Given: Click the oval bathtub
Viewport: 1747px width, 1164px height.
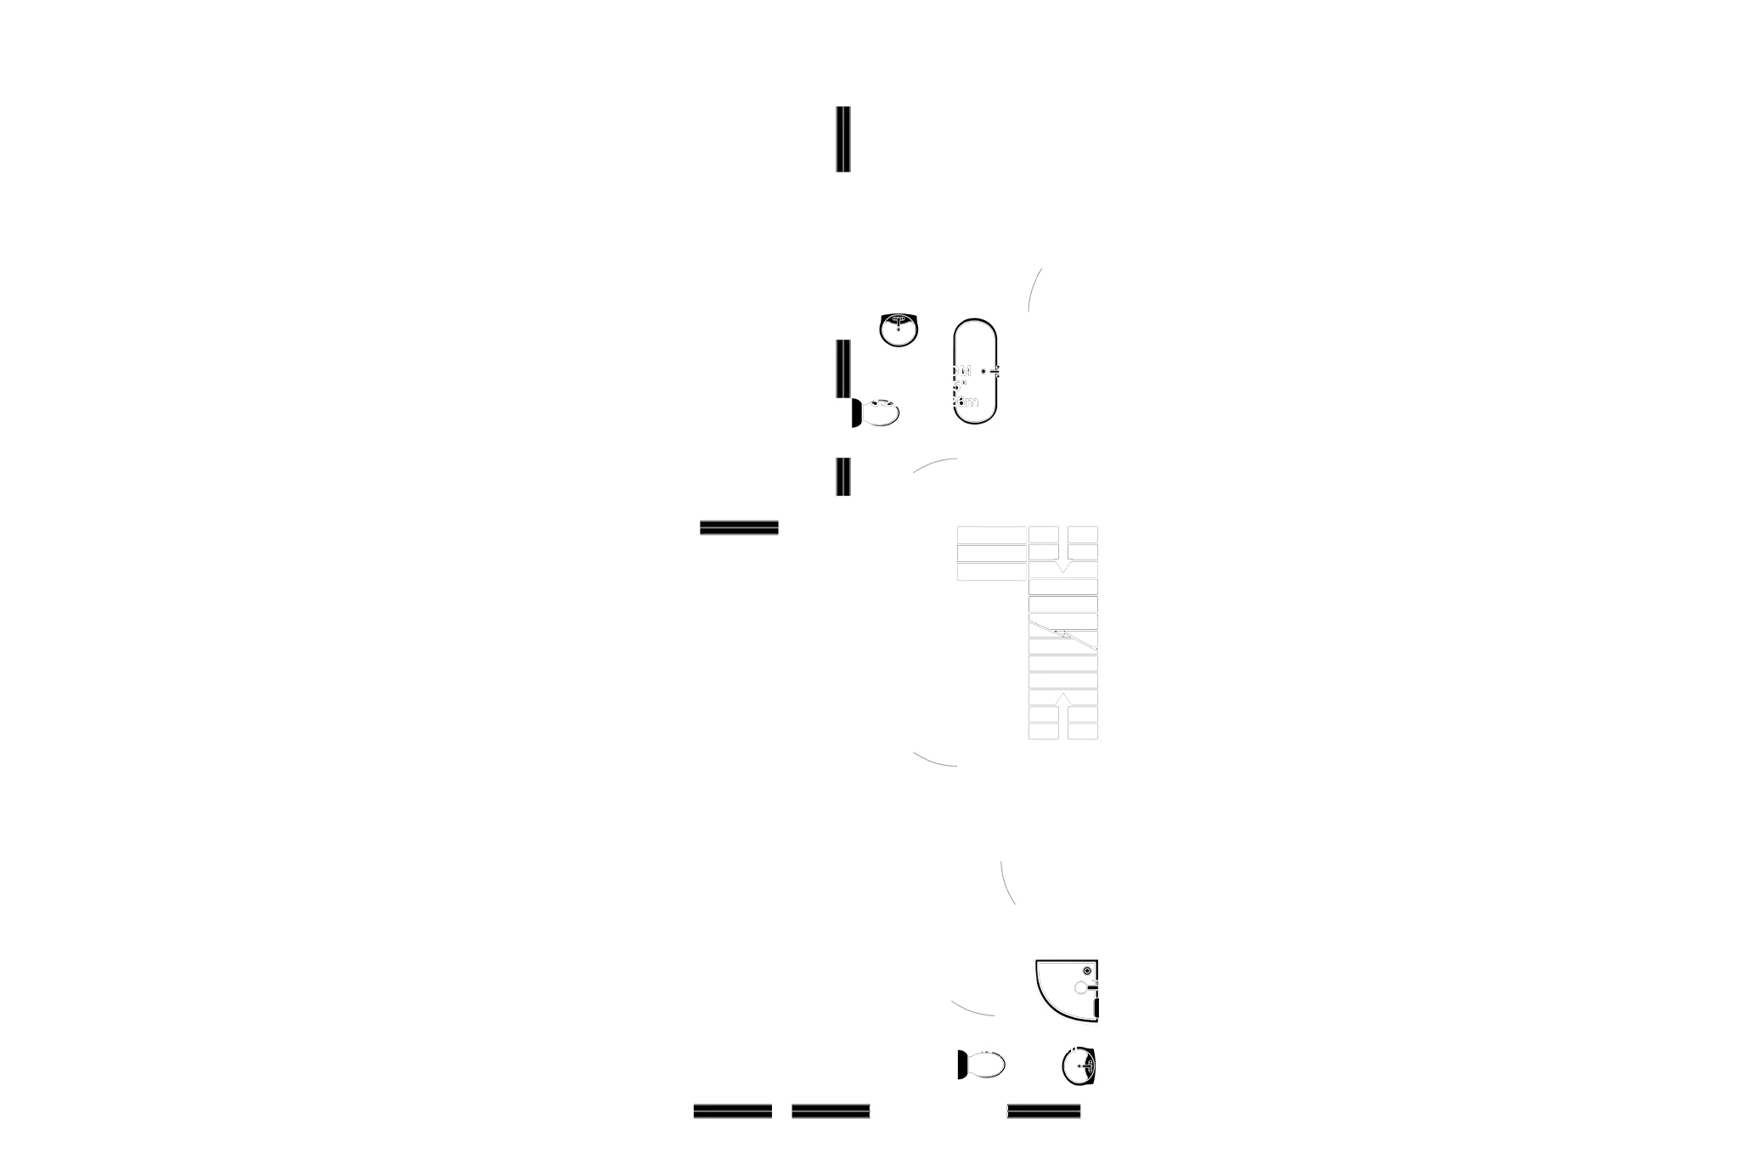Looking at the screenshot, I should (x=975, y=372).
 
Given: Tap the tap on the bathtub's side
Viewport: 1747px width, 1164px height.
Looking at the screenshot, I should (x=989, y=372).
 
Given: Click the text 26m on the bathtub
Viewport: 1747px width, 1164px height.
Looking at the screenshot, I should (x=966, y=402).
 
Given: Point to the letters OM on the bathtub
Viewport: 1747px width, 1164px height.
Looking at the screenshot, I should (x=961, y=371).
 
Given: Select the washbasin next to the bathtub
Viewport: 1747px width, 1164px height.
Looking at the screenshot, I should (x=898, y=329).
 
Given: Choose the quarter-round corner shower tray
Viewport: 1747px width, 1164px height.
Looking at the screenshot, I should (x=1065, y=990).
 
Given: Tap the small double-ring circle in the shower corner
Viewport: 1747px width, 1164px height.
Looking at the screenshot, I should (x=1086, y=970).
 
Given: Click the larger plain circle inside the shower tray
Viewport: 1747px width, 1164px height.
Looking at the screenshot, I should (x=1081, y=987).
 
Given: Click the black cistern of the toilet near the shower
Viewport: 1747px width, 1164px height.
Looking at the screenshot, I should (x=961, y=1065).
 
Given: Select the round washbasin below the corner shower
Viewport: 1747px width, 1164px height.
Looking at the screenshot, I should (x=1079, y=1066).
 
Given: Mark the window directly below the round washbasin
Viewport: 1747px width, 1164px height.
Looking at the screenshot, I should (x=1044, y=1111).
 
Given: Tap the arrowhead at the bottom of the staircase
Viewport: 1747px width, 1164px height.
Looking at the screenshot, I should (x=1062, y=697).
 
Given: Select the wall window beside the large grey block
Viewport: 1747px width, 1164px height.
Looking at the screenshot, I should (x=840, y=140).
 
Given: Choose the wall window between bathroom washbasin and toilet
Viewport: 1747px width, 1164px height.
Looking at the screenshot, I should (x=840, y=369).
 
